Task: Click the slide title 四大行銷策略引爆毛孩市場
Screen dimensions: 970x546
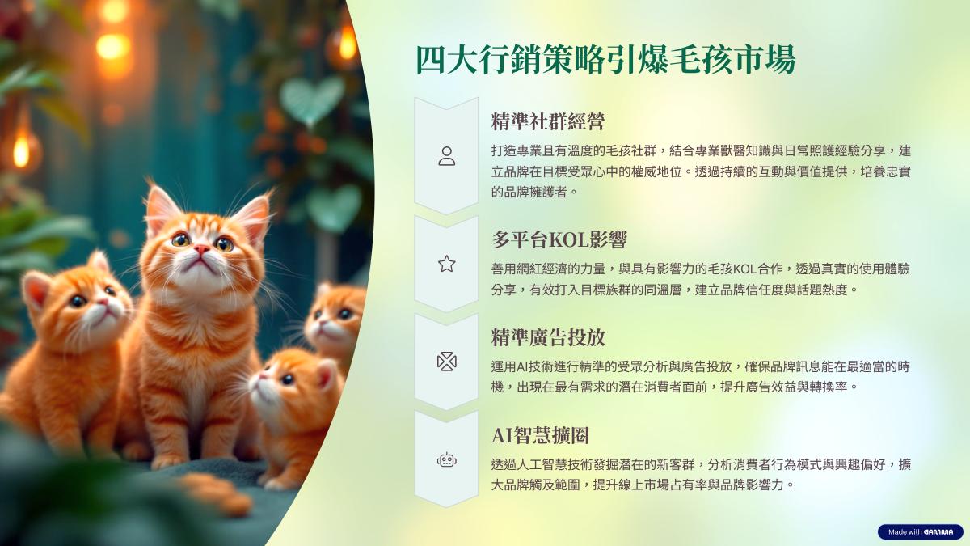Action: click(605, 59)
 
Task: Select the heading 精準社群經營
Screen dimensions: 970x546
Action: click(548, 121)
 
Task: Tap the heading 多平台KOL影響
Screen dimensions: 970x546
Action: click(559, 239)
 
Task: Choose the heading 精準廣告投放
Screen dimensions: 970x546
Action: click(548, 337)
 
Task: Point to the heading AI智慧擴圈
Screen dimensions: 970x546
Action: click(540, 435)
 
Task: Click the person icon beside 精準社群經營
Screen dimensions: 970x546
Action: click(446, 156)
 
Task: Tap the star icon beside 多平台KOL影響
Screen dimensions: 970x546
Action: click(446, 264)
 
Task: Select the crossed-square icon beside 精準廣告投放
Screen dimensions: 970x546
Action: click(446, 362)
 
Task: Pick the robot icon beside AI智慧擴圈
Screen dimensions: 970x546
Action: click(446, 459)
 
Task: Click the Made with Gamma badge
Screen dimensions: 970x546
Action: click(920, 531)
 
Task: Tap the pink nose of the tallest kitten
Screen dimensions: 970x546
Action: click(201, 249)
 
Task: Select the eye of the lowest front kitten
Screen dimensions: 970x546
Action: click(287, 379)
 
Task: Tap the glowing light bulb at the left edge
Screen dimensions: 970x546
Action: click(21, 150)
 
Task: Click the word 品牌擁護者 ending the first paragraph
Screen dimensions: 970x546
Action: click(529, 192)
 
